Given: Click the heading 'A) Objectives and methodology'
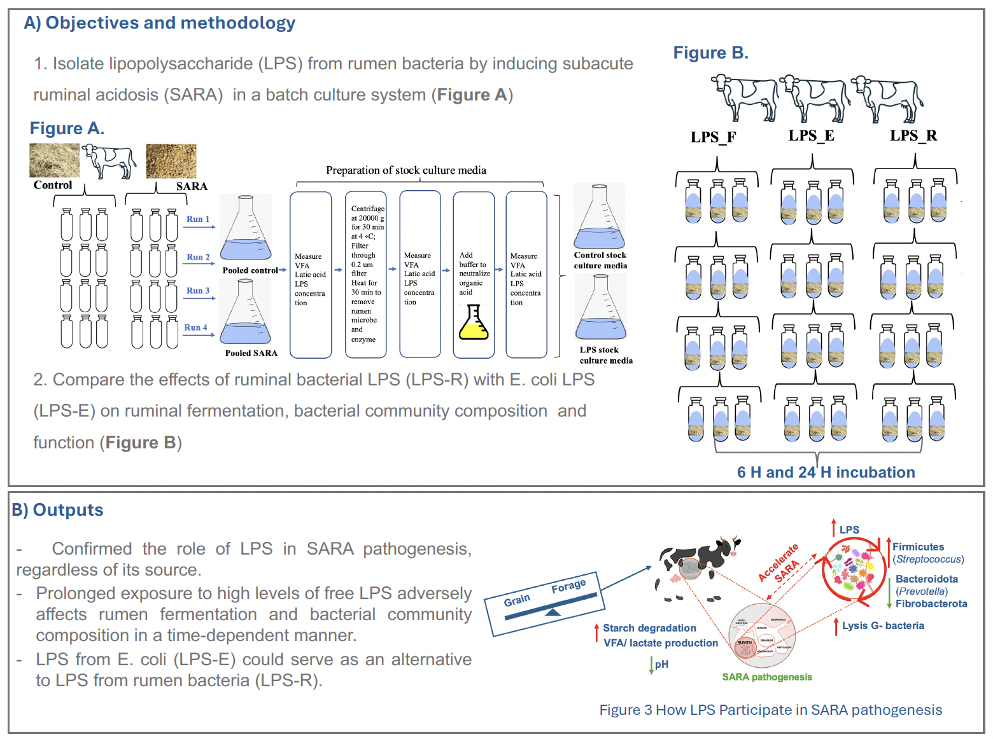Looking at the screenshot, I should [159, 23].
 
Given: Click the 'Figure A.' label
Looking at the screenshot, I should [67, 128].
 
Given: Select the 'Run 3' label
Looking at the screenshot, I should [197, 291].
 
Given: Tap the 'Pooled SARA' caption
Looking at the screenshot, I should [251, 353].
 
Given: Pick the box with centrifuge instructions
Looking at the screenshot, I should [365, 274].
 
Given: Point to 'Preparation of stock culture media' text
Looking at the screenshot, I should [406, 170].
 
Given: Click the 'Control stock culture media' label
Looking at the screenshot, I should [600, 260].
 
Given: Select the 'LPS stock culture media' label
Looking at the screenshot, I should [605, 355].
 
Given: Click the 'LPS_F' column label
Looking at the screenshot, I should [713, 137].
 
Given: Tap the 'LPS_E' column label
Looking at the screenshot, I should [811, 135].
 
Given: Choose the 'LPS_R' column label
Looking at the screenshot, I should [913, 135].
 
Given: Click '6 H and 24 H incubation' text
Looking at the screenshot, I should [826, 473].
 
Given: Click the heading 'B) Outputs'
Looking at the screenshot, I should [58, 510].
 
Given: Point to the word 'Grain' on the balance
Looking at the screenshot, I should [516, 600].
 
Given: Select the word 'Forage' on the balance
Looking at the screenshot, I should [568, 586].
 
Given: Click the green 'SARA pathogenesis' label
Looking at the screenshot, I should [766, 677].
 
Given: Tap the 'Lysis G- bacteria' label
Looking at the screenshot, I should [882, 626].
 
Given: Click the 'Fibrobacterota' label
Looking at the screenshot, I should [931, 604].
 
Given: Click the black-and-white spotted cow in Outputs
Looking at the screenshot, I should [697, 563].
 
